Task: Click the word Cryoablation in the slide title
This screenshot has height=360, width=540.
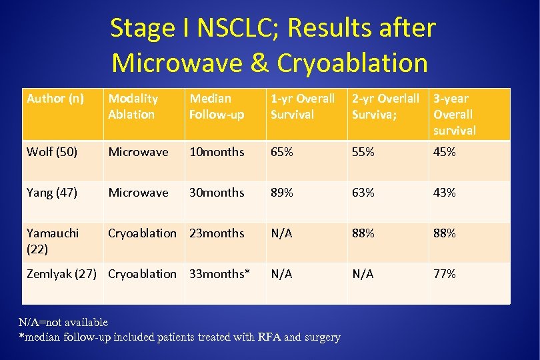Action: coord(352,63)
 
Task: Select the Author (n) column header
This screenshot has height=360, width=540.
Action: coord(55,99)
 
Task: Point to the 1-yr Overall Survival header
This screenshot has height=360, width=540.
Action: coord(303,107)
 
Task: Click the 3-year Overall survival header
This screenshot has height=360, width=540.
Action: coord(455,115)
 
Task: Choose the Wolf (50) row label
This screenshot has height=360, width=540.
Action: coord(52,152)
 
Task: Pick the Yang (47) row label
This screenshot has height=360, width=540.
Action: coord(52,193)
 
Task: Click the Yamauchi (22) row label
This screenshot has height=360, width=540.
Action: coord(53,241)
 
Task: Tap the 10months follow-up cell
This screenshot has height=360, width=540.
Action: coord(217,152)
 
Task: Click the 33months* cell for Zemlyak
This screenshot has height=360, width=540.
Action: coord(220,274)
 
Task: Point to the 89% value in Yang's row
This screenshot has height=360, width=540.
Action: coord(281,193)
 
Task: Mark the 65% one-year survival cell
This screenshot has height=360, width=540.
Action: coord(281,152)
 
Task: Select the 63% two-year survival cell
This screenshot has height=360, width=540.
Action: coord(363,193)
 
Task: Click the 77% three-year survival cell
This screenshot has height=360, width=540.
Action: coord(445,274)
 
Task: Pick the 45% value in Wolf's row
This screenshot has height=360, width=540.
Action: coord(445,152)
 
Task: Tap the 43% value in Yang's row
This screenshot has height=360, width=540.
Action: coord(445,193)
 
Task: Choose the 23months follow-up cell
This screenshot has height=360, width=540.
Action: coord(217,233)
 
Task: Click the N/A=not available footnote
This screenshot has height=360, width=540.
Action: coord(63,323)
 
